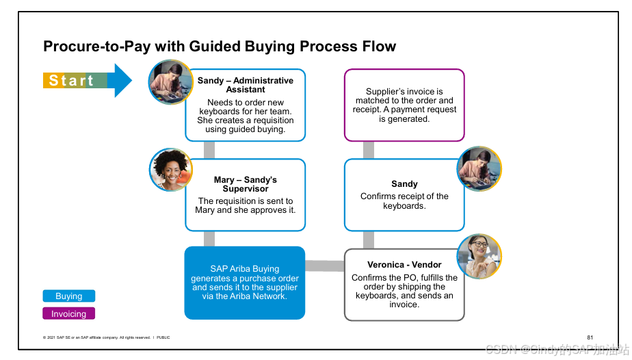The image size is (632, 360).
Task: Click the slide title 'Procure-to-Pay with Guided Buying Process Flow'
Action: tap(219, 47)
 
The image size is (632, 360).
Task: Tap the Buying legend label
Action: tap(69, 296)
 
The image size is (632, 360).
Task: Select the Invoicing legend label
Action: tap(69, 313)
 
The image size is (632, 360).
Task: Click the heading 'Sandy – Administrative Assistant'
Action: tap(246, 85)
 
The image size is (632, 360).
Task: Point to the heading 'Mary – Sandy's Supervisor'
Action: tap(246, 184)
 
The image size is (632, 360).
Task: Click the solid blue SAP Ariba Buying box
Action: tap(245, 283)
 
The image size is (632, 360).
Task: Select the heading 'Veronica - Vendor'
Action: tap(404, 265)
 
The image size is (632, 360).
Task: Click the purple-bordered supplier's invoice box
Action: tap(404, 105)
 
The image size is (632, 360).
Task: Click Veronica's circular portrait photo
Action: tap(479, 256)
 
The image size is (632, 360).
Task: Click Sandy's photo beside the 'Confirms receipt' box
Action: tap(479, 168)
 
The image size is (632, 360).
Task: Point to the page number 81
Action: tap(590, 337)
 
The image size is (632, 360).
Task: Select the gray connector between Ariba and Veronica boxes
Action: tap(325, 266)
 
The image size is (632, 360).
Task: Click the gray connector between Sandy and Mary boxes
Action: tap(209, 150)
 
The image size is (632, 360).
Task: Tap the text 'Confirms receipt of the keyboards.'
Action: tap(404, 201)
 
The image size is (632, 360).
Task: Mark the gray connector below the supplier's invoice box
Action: tap(369, 150)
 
